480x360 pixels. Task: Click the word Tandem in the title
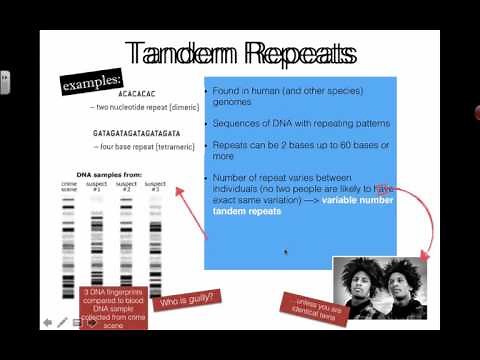(184, 53)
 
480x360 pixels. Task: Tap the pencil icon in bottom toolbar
(62, 322)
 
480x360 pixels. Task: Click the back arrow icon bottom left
(47, 322)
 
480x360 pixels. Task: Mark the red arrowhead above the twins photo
(421, 256)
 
